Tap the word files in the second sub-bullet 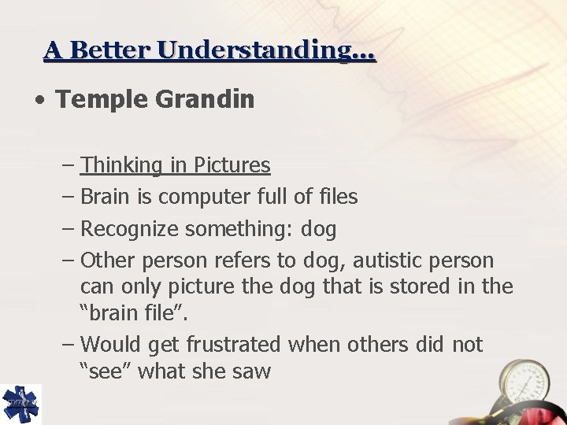pyautogui.click(x=335, y=197)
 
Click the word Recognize pyautogui.click(x=130, y=229)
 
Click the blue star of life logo pyautogui.click(x=20, y=404)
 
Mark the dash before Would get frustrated pyautogui.click(x=68, y=344)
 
